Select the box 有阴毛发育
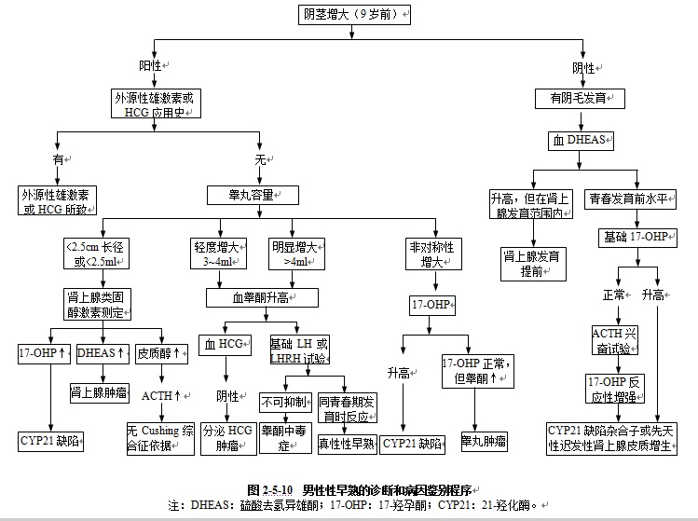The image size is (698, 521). (x=580, y=98)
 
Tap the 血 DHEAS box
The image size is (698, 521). (x=580, y=141)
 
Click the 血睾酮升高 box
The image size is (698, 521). (x=263, y=297)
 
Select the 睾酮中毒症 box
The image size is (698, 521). (x=285, y=437)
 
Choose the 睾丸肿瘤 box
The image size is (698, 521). (x=484, y=439)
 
